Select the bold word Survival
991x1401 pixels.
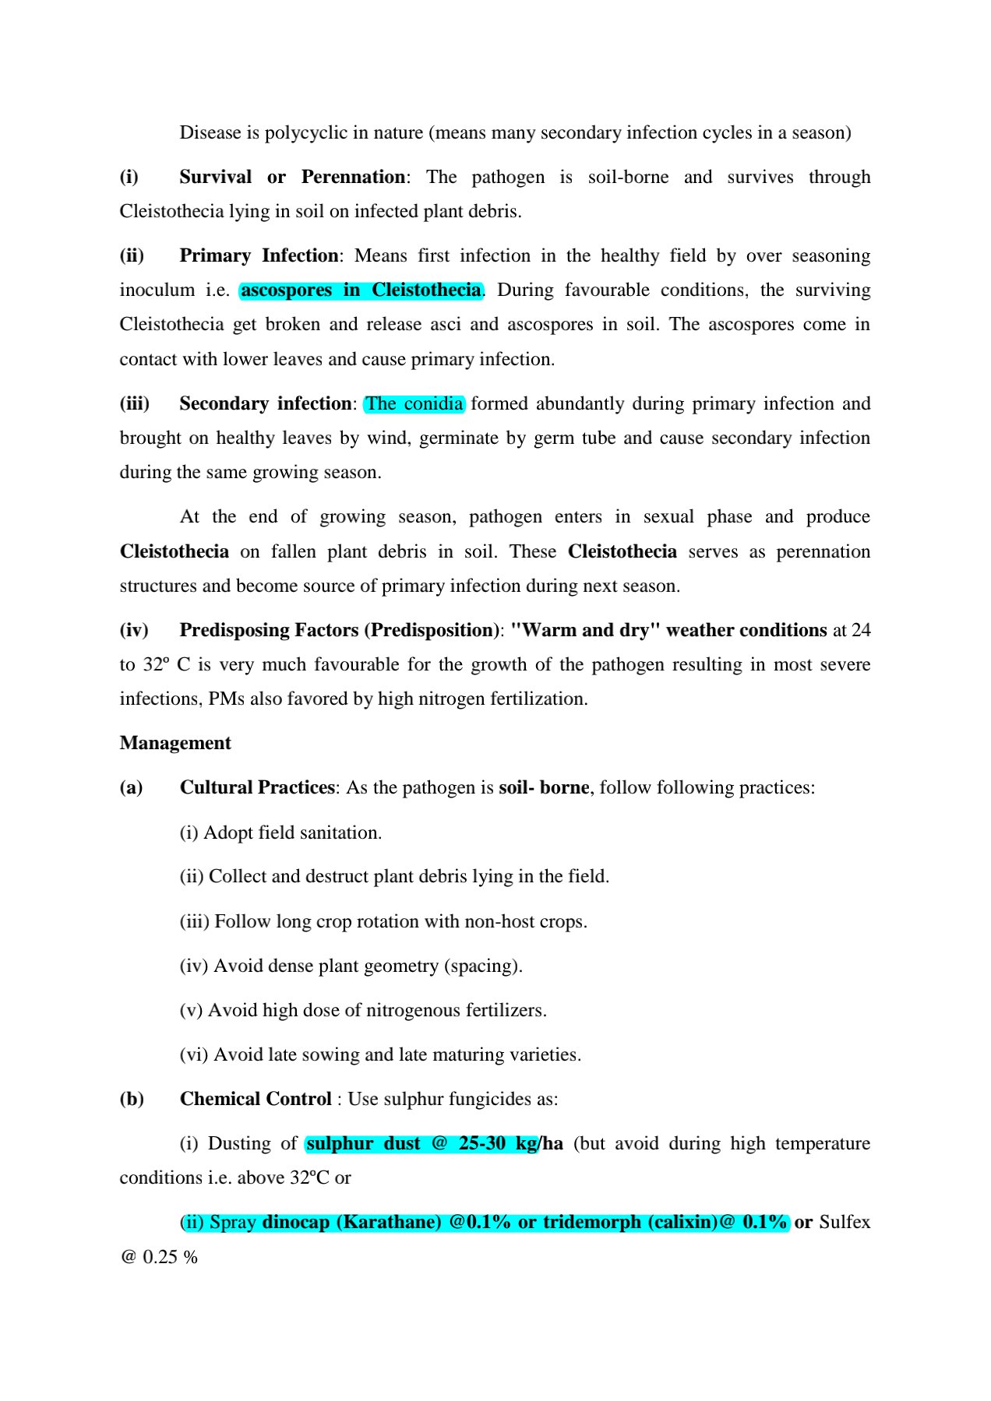pos(215,177)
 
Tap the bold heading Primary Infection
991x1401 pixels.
pos(259,255)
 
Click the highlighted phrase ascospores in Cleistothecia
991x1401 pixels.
pos(361,290)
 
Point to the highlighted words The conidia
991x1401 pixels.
pos(414,403)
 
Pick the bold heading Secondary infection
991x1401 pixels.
pos(265,403)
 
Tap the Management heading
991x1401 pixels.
pos(175,743)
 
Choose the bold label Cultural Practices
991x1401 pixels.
pos(257,787)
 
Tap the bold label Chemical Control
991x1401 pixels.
pos(256,1099)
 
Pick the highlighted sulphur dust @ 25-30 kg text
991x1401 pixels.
pos(421,1143)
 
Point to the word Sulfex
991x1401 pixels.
pos(845,1222)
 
